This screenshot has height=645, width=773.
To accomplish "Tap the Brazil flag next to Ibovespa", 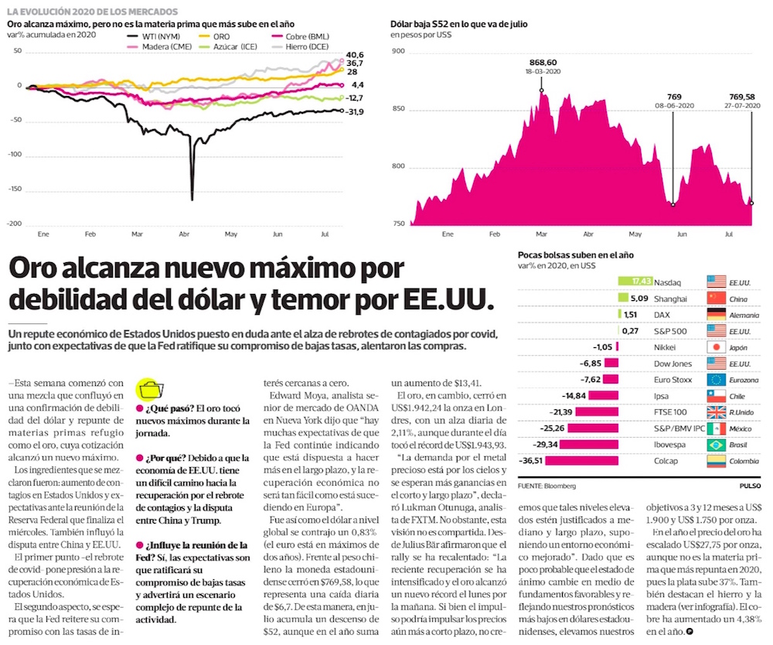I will (x=717, y=444).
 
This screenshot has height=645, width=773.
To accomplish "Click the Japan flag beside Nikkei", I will (x=717, y=347).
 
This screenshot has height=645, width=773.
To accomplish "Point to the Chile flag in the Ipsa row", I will (x=717, y=396).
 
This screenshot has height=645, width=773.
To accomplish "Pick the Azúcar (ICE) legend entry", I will (x=231, y=46).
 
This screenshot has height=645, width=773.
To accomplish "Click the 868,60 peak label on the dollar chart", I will (x=541, y=61).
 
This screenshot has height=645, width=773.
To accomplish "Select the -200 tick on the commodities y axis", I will (x=12, y=224).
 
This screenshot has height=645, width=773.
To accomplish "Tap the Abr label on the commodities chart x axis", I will (x=184, y=233).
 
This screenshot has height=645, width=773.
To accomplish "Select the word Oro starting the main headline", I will (x=43, y=270).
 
